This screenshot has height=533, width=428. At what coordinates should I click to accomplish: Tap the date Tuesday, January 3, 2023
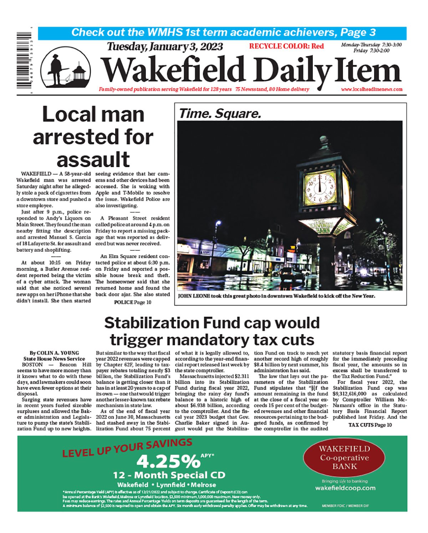[165, 47]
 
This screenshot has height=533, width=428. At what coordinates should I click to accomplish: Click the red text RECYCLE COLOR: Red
[286, 46]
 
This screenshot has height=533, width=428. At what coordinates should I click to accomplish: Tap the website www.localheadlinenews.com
[372, 89]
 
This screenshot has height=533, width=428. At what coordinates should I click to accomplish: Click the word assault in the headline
[93, 159]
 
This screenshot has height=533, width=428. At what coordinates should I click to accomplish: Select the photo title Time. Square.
[220, 114]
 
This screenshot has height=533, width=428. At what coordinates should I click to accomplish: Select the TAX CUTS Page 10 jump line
[370, 425]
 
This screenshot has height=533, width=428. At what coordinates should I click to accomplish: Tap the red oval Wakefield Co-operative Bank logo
[344, 457]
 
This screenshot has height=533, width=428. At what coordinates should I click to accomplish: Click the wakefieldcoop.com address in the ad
[345, 488]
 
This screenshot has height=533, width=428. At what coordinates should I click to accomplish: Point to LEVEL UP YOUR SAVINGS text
[127, 448]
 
